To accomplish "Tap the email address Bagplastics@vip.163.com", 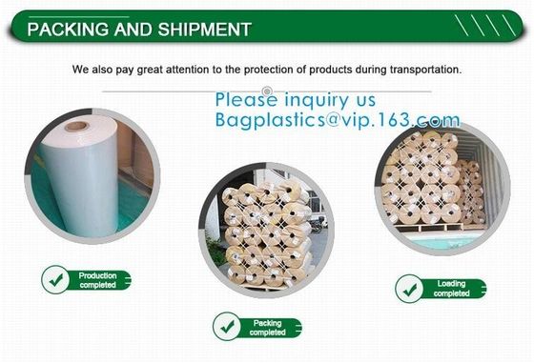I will pyautogui.click(x=338, y=120).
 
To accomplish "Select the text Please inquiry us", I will pyautogui.click(x=295, y=99).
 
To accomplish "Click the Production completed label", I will pyautogui.click(x=97, y=279).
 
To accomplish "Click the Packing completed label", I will pyautogui.click(x=267, y=327).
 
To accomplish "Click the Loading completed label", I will pyautogui.click(x=451, y=288).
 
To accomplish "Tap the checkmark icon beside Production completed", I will pyautogui.click(x=55, y=279).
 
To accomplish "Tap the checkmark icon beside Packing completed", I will pyautogui.click(x=227, y=327).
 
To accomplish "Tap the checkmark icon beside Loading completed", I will pyautogui.click(x=410, y=288).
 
